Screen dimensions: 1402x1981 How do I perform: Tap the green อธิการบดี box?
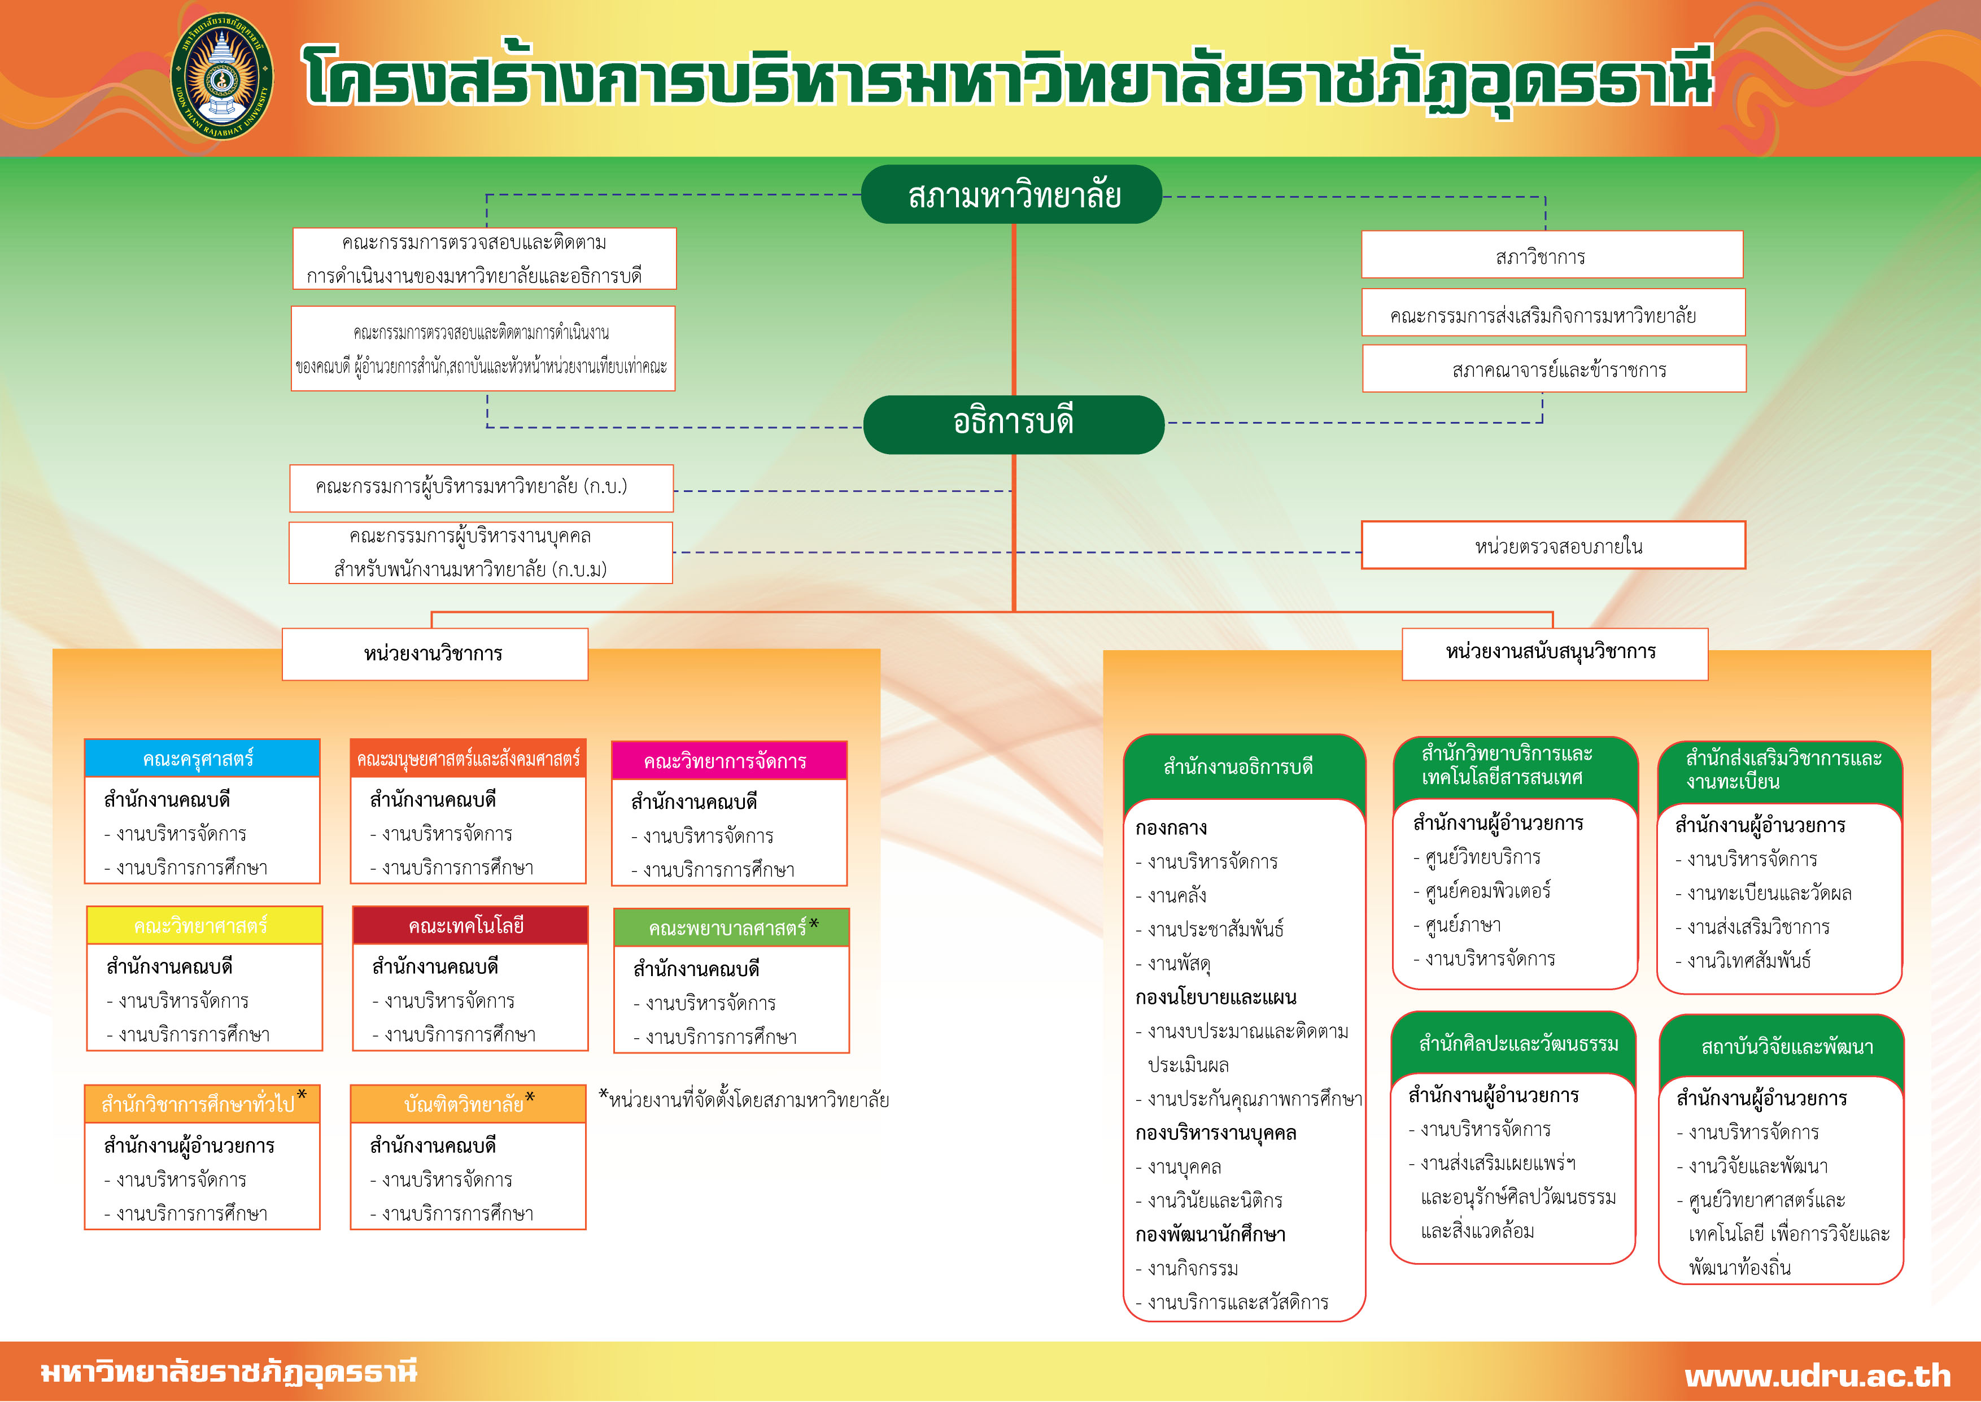(1013, 424)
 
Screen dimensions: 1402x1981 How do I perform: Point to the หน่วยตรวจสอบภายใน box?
(1553, 546)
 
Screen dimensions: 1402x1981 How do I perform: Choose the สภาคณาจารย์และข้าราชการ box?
(1554, 369)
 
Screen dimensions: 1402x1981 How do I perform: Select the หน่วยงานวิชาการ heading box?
(434, 654)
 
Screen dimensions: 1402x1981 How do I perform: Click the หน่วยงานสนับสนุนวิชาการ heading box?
(1554, 652)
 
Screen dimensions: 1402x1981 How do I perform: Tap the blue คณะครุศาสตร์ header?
(202, 759)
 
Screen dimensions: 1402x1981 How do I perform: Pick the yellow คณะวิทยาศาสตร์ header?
(204, 925)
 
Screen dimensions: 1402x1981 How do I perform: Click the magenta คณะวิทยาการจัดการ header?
(728, 760)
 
